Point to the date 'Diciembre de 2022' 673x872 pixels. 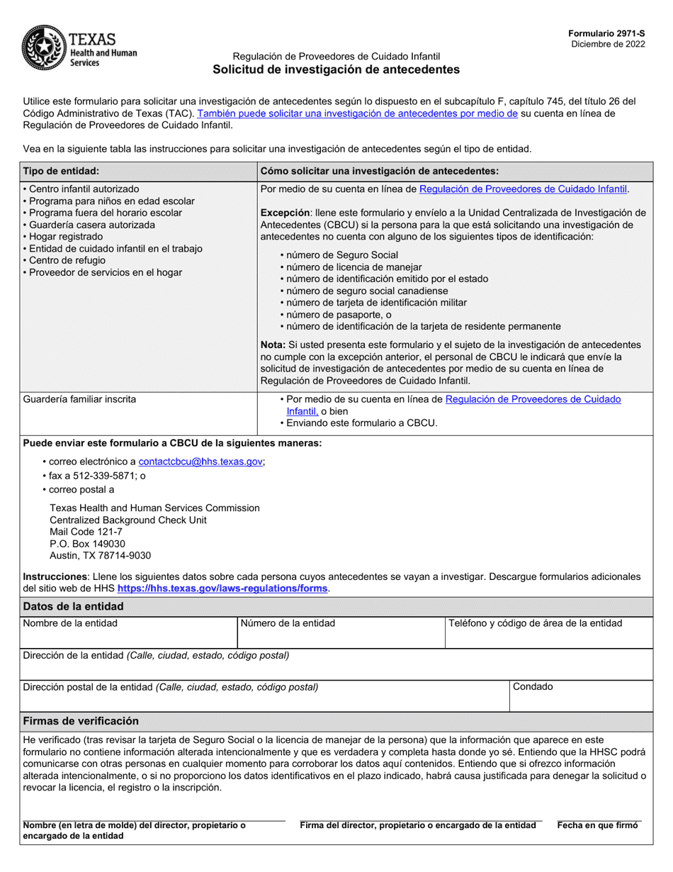[x=609, y=44]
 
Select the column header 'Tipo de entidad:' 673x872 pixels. [x=61, y=171]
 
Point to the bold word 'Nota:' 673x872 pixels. [x=273, y=344]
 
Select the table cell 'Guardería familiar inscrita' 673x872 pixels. [x=79, y=399]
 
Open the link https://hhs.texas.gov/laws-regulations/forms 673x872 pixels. [x=222, y=588]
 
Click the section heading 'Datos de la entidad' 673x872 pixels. [x=73, y=606]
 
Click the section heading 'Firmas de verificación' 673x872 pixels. [x=81, y=720]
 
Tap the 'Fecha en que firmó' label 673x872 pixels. [x=598, y=825]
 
